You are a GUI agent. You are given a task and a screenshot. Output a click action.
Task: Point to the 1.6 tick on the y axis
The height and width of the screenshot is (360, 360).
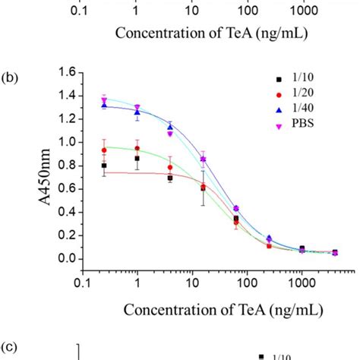(65, 73)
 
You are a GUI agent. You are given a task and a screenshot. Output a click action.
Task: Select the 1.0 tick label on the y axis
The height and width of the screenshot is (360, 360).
(65, 142)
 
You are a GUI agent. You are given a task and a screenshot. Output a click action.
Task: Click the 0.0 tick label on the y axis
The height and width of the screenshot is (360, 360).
(65, 258)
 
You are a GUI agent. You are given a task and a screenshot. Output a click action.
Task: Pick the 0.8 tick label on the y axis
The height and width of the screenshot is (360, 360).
(65, 166)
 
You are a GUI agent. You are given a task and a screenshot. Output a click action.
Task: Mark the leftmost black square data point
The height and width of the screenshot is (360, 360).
(104, 165)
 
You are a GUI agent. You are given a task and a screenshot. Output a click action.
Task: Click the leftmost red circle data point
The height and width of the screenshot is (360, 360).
(104, 150)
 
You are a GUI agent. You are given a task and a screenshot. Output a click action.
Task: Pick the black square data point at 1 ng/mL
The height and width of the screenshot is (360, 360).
(137, 159)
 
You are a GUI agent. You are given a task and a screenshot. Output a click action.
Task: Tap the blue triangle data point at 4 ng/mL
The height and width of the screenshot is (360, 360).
(170, 128)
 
